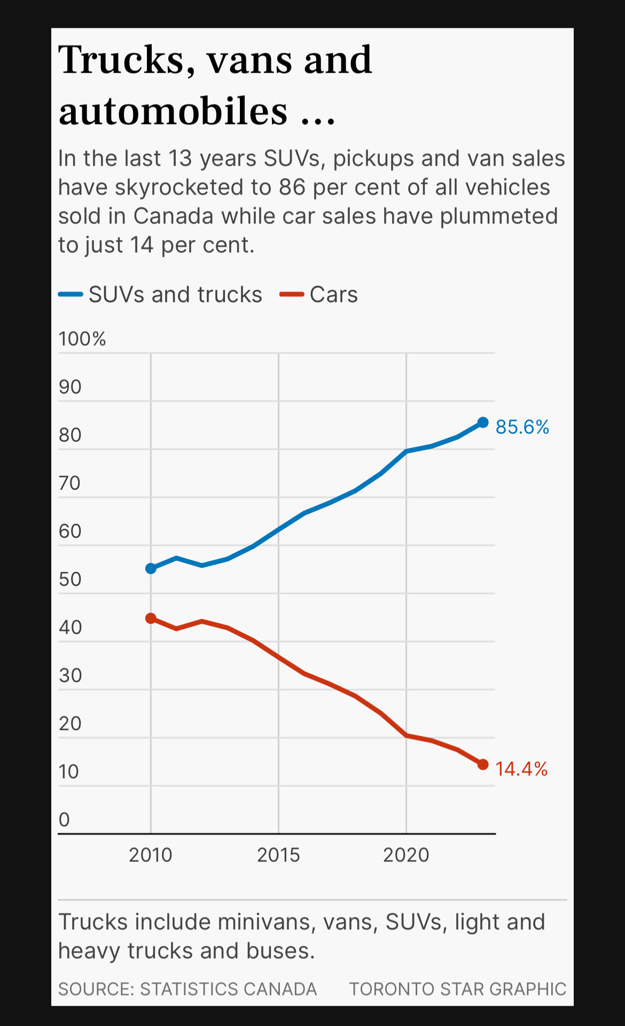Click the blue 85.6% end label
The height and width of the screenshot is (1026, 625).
(522, 427)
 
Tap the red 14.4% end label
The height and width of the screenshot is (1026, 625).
(521, 769)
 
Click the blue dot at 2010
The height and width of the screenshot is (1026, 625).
(151, 568)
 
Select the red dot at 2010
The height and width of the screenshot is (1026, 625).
(151, 618)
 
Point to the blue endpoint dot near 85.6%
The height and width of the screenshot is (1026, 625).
(483, 422)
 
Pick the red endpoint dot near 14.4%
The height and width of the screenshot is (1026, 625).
(483, 765)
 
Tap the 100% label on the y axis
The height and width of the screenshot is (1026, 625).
(82, 339)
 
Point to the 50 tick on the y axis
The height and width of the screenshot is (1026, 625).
(70, 579)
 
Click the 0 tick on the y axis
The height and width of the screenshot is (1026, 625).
(64, 820)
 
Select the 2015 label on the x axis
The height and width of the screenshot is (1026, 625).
(278, 855)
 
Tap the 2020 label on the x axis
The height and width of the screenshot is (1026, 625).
(406, 855)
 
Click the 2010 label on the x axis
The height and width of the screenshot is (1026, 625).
(151, 855)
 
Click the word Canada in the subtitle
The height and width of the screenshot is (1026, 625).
(174, 216)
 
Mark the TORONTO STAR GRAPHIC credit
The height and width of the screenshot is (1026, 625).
(457, 989)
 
